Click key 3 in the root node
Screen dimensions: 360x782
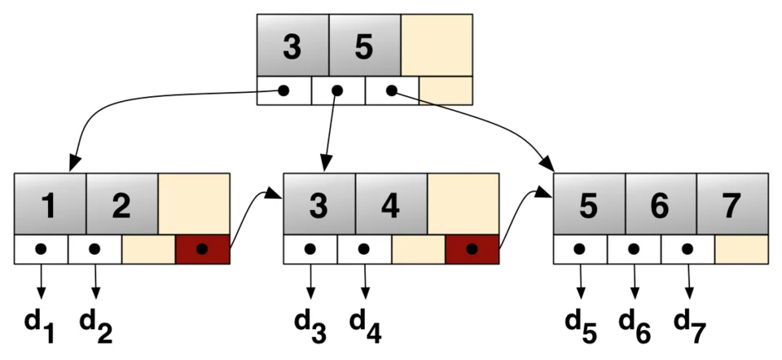[x=292, y=46]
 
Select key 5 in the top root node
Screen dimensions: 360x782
[x=364, y=46]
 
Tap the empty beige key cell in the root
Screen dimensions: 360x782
[x=437, y=46]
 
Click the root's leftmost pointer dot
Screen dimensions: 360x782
[x=283, y=90]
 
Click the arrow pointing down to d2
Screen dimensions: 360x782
[x=96, y=282]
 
